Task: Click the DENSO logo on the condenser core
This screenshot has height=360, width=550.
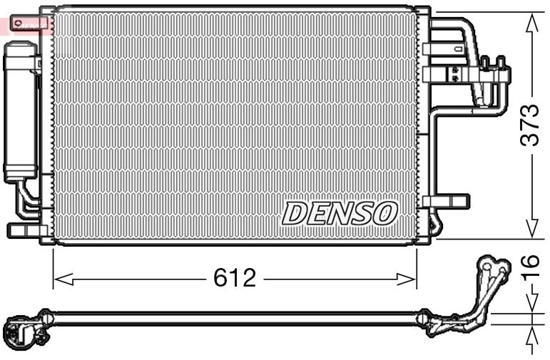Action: [x=339, y=212]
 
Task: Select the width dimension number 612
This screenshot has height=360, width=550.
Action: [x=235, y=277]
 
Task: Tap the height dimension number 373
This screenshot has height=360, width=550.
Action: [x=529, y=125]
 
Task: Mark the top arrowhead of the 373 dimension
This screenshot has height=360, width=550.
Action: [x=531, y=21]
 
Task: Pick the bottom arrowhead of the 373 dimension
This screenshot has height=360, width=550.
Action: [x=531, y=230]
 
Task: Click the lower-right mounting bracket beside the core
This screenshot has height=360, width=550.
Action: [x=446, y=201]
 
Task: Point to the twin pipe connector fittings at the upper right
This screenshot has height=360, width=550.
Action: [x=495, y=68]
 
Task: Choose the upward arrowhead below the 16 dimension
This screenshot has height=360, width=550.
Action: [x=531, y=336]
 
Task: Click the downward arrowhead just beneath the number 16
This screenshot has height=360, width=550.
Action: [x=531, y=303]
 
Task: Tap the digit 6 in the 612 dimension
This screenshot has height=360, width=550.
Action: [x=220, y=277]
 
